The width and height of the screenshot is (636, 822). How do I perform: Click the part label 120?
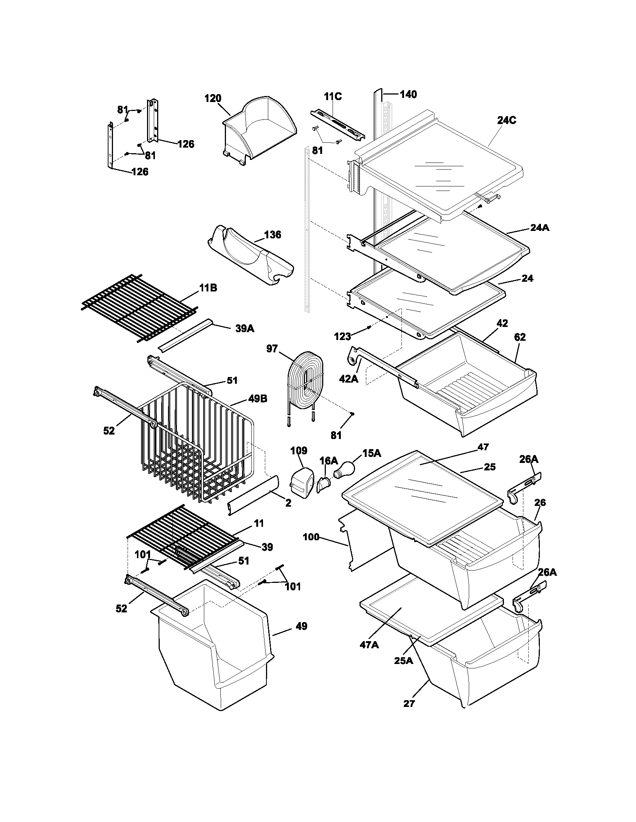point(212,99)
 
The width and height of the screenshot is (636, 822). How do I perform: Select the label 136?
point(272,235)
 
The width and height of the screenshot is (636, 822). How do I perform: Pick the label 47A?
point(369,645)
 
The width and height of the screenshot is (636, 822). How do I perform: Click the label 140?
point(408,94)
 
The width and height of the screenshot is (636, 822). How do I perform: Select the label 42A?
point(349,379)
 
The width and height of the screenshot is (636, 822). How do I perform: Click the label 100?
point(311,537)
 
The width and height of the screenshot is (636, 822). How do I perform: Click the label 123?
point(342,336)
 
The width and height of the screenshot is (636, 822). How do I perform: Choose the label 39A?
point(245,328)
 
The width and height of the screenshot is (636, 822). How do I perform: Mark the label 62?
point(520,337)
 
